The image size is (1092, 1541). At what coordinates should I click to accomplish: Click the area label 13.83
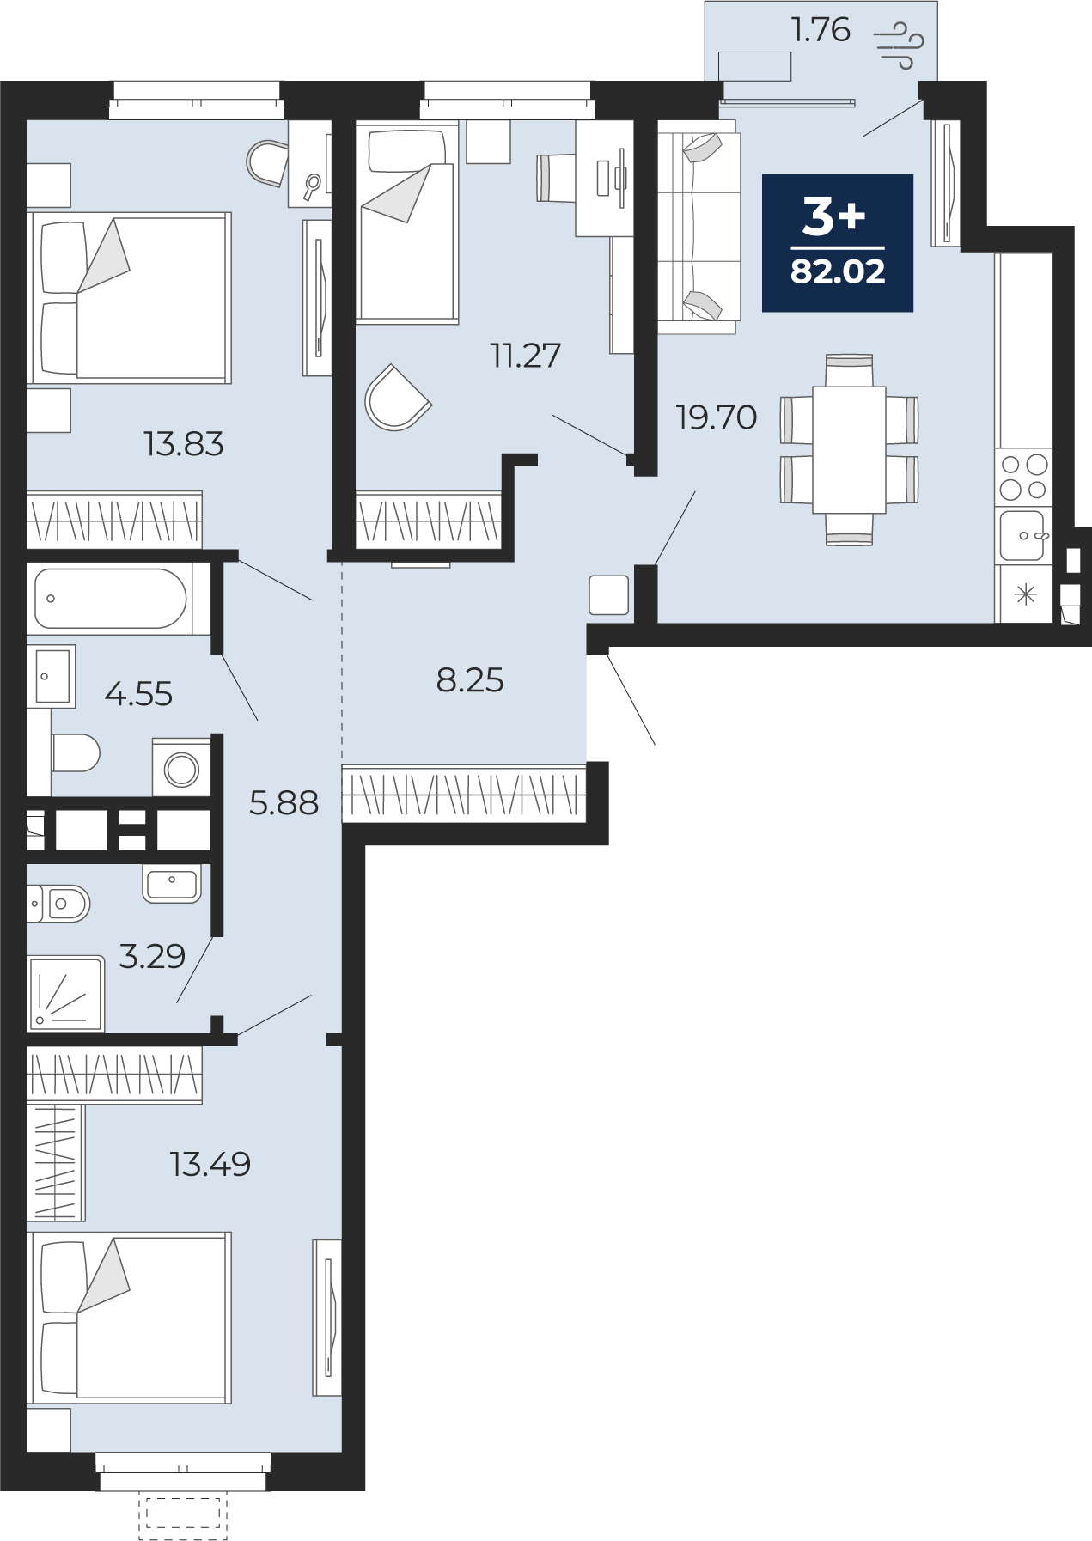click(x=184, y=444)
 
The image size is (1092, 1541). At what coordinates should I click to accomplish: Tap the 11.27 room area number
click(x=526, y=355)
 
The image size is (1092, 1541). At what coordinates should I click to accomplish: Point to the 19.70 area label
click(x=717, y=417)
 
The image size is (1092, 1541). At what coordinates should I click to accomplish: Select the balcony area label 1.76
click(x=821, y=30)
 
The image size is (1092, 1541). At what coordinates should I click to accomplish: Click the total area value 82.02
click(x=838, y=271)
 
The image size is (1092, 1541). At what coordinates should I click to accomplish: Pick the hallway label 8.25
click(x=470, y=680)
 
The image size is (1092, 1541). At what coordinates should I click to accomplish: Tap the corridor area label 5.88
click(x=284, y=803)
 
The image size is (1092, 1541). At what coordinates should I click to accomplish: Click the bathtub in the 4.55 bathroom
click(x=111, y=599)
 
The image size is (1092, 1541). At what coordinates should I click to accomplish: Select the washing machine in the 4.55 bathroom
click(x=181, y=767)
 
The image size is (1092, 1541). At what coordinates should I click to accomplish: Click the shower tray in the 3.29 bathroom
click(x=66, y=994)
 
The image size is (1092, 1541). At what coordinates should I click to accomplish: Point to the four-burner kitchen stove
click(x=1023, y=477)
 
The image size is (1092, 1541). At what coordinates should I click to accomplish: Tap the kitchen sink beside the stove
click(x=1023, y=535)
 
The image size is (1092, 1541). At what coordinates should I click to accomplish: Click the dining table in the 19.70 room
click(x=849, y=449)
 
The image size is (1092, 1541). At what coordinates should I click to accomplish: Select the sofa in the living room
click(x=699, y=227)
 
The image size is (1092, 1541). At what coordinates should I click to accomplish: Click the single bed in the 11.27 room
click(x=407, y=222)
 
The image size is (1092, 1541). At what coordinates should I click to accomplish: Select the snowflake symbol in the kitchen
click(x=1026, y=594)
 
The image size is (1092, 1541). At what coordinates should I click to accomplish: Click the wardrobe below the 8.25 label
click(x=464, y=793)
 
